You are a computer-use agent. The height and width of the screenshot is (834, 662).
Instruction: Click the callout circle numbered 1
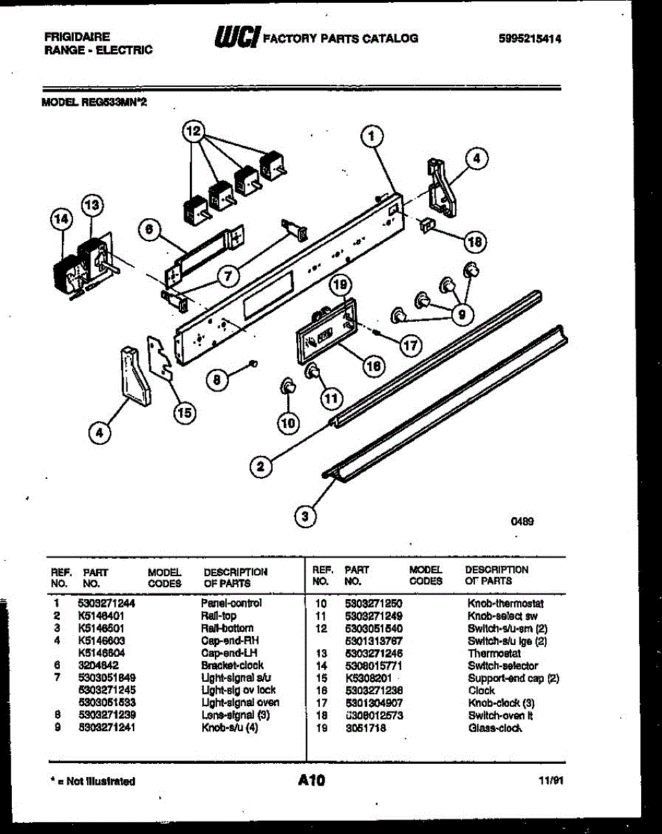tap(373, 136)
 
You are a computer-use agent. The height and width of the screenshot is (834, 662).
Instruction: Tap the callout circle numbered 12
tap(195, 130)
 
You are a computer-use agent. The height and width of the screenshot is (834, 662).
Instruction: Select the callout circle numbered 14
tap(62, 218)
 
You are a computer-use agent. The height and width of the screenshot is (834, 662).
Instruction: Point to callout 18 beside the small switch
tap(475, 241)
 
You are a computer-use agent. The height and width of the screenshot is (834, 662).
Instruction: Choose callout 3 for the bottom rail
tap(304, 516)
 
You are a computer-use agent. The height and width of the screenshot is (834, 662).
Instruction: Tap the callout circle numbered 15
tap(184, 414)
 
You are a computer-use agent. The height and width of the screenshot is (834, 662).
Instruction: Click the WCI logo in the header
tap(236, 38)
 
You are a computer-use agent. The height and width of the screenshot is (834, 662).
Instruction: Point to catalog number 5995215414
tap(530, 40)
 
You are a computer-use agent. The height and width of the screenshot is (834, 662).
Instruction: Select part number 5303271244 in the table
tap(106, 603)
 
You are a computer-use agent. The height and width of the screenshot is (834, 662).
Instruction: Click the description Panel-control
tap(231, 603)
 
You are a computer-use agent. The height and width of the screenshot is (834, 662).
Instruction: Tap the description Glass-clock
tap(495, 728)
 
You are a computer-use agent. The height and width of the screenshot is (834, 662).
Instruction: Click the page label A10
tap(311, 781)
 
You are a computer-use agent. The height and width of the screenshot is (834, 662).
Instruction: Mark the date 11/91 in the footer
tap(550, 781)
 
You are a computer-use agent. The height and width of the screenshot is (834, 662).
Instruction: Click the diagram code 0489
tap(522, 521)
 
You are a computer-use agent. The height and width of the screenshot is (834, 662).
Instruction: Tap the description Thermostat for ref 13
tap(494, 653)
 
